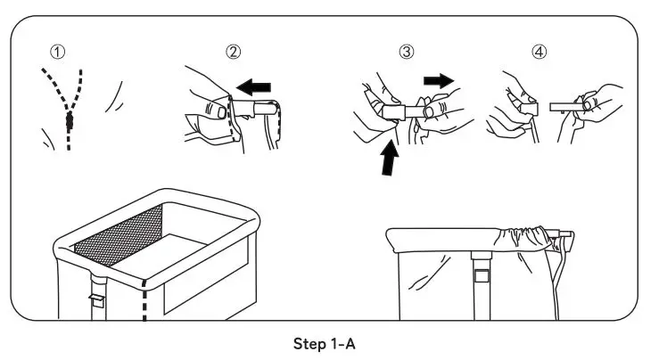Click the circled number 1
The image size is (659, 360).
(x=58, y=51)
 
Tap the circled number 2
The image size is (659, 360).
(x=233, y=51)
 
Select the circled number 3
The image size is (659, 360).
(x=407, y=51)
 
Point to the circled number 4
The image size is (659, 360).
(x=540, y=51)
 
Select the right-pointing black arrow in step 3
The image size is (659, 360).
(x=437, y=80)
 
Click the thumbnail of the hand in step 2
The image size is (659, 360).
(x=213, y=110)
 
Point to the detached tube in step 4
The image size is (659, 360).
(x=564, y=105)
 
